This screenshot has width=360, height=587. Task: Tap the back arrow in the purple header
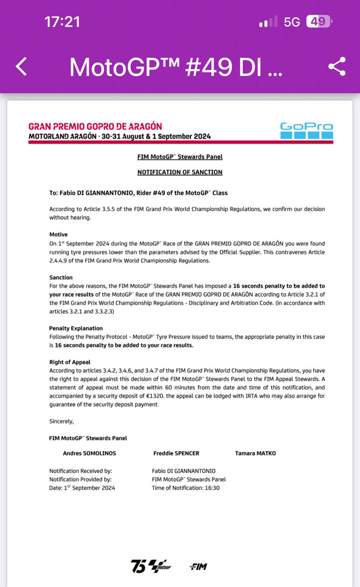[x=22, y=67]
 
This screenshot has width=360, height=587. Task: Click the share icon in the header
[x=337, y=67]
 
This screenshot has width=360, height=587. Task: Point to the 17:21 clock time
[x=62, y=22]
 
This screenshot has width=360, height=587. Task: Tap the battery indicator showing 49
[x=318, y=22]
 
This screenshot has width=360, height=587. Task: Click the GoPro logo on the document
[x=306, y=130]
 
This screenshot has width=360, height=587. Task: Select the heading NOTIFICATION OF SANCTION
[x=180, y=172]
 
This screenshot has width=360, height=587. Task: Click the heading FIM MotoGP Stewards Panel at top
[x=180, y=157]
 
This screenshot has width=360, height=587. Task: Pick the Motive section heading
[x=58, y=234]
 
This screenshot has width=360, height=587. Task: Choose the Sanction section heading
[x=61, y=278]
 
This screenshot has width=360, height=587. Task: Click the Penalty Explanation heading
[x=76, y=328]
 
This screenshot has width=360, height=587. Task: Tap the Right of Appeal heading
[x=70, y=362]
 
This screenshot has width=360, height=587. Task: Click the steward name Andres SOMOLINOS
[x=89, y=453]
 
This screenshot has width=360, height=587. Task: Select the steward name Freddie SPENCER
[x=176, y=453]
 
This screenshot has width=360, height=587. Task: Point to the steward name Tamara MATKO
[x=255, y=453]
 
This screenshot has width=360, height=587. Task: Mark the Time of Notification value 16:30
[x=211, y=488]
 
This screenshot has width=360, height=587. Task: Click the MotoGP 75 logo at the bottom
[x=151, y=566]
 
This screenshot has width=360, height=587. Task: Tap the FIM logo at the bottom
[x=198, y=567]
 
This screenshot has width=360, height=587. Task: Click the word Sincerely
[x=61, y=421]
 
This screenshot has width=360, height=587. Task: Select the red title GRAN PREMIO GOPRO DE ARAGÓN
[x=95, y=126]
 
